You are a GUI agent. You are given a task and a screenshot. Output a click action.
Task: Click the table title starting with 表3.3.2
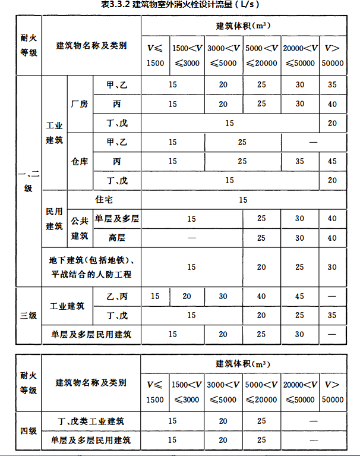coord(179,5)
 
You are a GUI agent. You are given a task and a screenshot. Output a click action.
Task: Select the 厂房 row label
coord(79,104)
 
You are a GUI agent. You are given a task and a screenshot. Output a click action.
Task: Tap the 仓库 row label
coord(79,161)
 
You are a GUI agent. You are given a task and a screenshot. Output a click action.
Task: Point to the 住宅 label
coord(104,200)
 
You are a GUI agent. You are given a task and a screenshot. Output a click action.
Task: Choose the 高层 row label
coord(116,238)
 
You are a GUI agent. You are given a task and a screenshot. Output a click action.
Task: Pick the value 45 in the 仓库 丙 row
coord(332,162)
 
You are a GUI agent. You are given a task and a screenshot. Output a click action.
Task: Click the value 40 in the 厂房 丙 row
coord(332,105)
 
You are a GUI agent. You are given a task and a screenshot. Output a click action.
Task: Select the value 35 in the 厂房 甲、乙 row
coord(332,85)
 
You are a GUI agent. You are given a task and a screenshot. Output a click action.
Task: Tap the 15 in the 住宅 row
coord(243,200)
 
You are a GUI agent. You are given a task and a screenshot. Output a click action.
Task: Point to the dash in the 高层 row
coord(191,238)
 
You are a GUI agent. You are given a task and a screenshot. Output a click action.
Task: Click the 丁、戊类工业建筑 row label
coord(91,422)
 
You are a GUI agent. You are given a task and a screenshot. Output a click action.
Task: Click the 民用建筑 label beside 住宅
coord(54,219)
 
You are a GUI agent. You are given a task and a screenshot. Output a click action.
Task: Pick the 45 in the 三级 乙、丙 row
coord(299,296)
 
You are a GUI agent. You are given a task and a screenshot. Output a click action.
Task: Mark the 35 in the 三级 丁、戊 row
coord(332,315)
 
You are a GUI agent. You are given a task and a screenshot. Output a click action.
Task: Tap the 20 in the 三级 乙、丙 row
coord(187,296)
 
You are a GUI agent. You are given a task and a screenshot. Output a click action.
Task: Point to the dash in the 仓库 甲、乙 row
coord(313,143)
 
